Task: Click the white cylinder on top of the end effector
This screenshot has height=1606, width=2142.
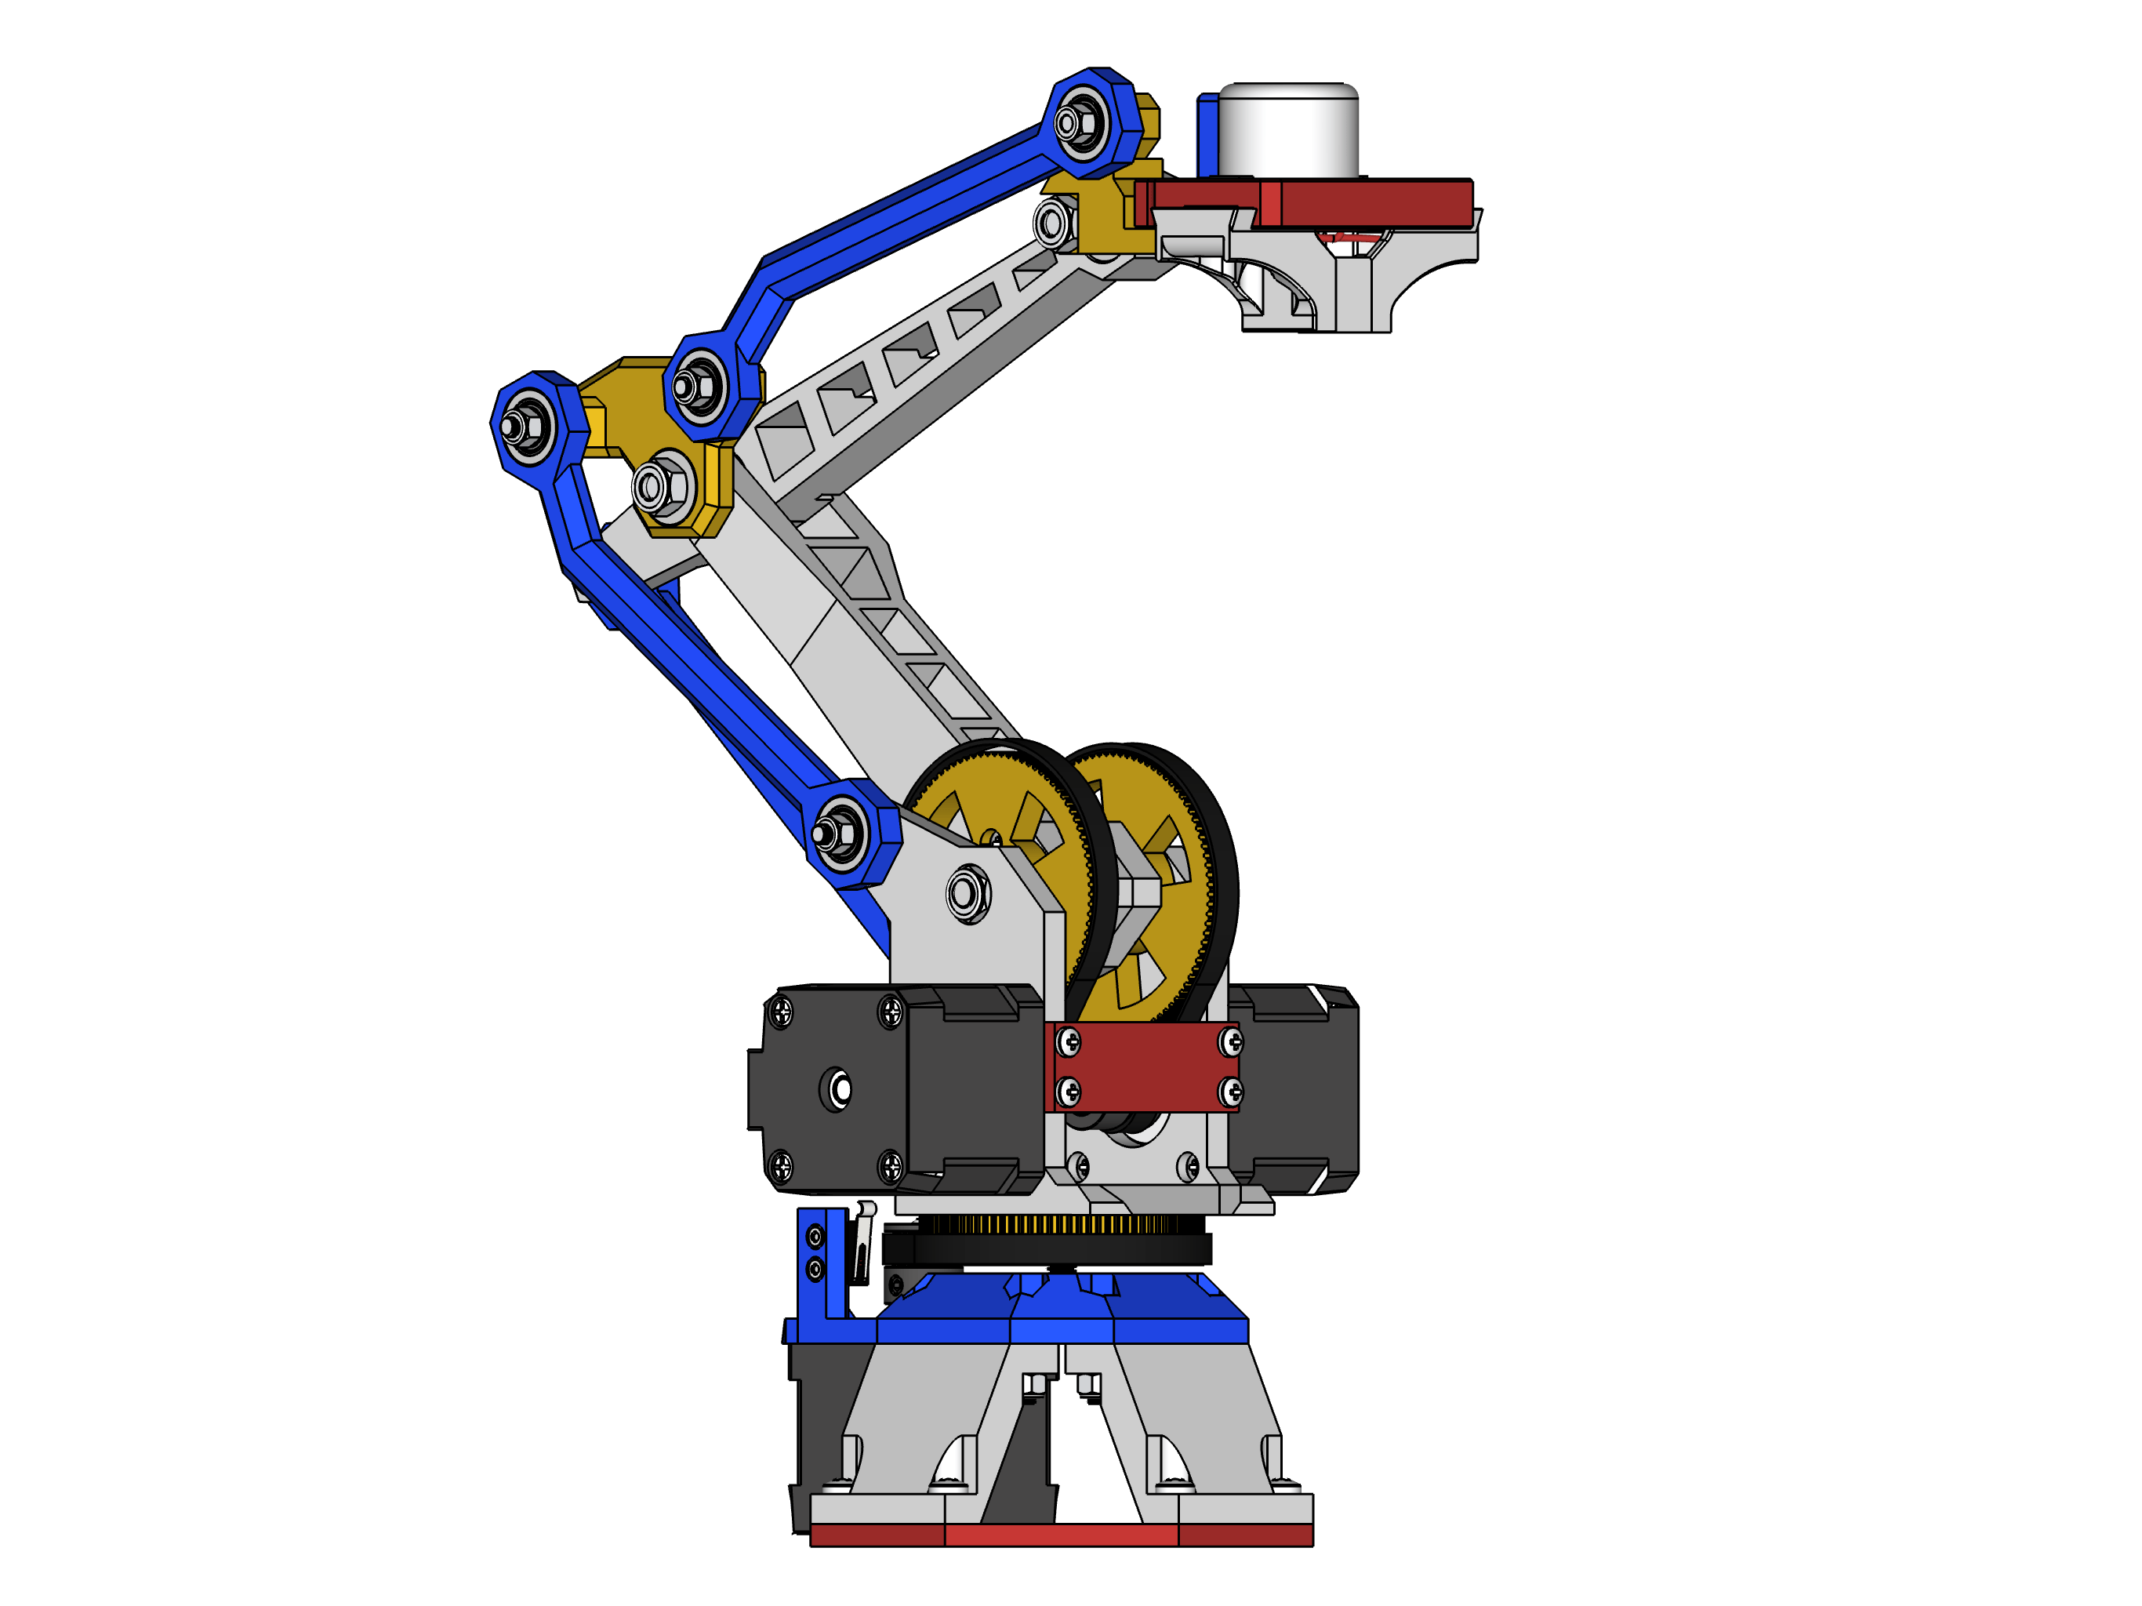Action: (x=1288, y=132)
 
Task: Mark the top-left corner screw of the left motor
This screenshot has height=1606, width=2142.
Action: (x=780, y=1013)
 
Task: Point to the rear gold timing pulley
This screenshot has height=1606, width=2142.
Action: (x=1162, y=872)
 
